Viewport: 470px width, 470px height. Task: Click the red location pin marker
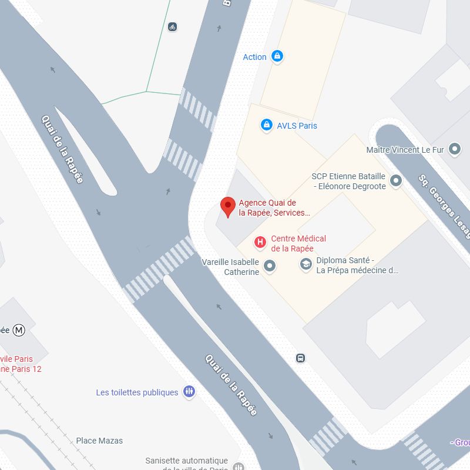[227, 207]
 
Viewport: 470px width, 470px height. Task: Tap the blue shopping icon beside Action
[278, 56]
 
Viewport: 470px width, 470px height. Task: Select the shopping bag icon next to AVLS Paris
[266, 125]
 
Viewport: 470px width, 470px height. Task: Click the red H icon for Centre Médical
[259, 242]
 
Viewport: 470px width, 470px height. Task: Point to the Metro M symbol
[19, 330]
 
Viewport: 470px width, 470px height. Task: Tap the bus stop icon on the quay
[300, 358]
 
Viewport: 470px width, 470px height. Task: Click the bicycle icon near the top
[172, 26]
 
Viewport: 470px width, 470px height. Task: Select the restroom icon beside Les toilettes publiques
[189, 391]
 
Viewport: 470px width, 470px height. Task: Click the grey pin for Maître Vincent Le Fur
[454, 150]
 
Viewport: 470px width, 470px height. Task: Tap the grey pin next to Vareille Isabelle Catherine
[270, 266]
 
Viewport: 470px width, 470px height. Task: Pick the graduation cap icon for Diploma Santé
[305, 265]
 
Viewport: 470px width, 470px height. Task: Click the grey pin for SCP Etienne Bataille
[396, 180]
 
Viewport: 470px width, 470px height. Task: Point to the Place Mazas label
[99, 441]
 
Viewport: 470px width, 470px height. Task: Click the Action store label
[254, 57]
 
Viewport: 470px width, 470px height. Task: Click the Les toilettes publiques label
[137, 392]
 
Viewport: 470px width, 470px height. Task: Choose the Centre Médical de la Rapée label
[298, 243]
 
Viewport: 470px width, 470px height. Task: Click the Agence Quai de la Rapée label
[274, 208]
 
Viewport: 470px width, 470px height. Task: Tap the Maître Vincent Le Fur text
[404, 150]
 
